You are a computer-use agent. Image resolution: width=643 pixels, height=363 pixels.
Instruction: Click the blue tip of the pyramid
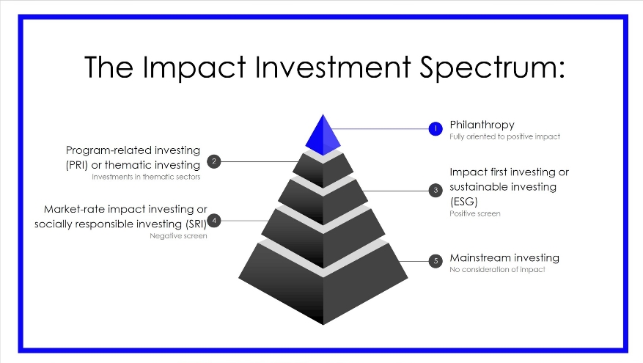323,136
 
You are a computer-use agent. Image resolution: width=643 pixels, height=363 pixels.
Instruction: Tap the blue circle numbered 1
436,129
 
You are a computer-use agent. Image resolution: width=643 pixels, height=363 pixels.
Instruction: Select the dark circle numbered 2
213,161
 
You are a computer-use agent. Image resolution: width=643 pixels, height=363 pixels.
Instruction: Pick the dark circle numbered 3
436,191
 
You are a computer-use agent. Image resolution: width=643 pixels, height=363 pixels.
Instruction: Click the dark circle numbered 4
213,221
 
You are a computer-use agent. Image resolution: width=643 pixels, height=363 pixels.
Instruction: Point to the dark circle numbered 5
436,261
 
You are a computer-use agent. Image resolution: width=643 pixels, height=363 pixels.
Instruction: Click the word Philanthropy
482,125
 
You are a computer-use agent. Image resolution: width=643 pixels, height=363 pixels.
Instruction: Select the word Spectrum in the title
492,67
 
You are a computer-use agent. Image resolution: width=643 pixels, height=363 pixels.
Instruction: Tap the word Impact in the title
194,67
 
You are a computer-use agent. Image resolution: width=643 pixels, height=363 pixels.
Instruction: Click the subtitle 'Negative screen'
178,236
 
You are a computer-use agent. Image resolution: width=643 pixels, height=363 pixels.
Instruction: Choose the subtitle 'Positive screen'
475,213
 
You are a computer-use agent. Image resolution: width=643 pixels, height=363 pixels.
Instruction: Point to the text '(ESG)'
464,202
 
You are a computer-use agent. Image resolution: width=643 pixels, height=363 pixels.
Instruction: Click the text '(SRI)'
196,224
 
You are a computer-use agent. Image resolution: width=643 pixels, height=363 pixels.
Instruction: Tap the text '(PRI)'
77,165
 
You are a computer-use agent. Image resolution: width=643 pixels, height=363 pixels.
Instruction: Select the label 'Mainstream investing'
504,258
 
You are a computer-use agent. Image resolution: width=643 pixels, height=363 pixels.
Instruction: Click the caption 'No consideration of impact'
497,269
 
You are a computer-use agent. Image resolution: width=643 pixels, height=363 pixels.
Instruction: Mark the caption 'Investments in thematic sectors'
146,177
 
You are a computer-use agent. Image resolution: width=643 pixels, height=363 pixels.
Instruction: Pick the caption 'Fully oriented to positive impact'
505,136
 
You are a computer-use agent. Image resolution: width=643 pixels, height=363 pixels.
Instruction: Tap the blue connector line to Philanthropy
380,129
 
